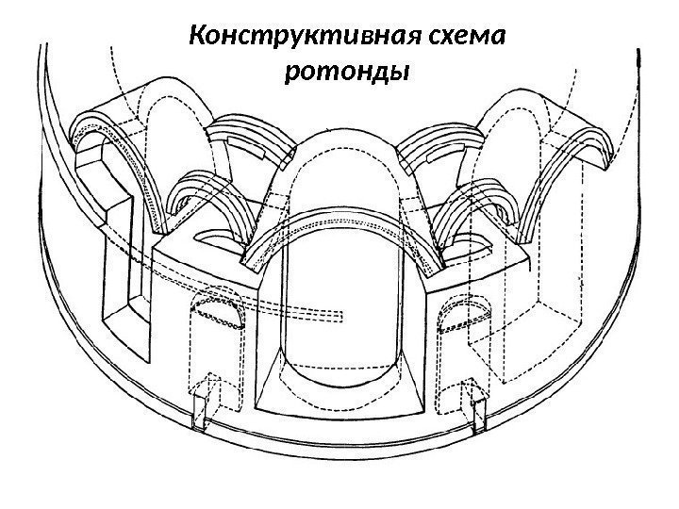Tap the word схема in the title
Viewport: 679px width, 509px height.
pyautogui.click(x=469, y=39)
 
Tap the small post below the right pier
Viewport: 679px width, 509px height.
pyautogui.click(x=477, y=411)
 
